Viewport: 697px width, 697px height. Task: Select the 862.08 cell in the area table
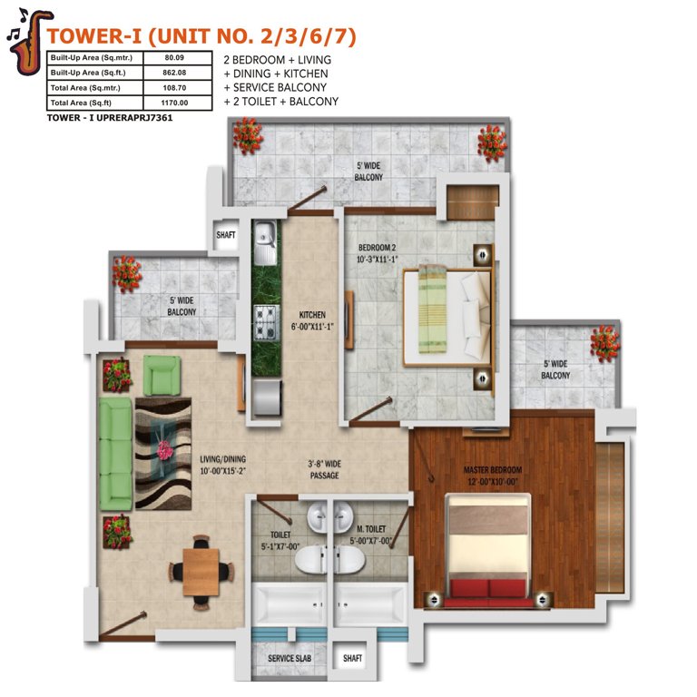tap(174, 73)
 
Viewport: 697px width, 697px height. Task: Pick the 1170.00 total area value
tap(174, 103)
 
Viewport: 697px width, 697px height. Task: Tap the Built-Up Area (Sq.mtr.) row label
tap(91, 58)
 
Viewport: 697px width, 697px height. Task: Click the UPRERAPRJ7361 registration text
tap(134, 118)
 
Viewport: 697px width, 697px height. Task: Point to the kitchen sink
tap(265, 242)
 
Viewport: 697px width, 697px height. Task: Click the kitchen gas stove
tap(266, 322)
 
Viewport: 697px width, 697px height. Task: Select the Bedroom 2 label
tap(377, 253)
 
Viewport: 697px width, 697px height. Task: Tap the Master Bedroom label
tap(493, 476)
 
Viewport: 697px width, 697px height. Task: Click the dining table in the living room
tap(201, 572)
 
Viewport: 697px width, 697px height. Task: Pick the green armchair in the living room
tap(162, 375)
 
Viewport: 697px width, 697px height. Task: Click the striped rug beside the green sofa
tap(163, 454)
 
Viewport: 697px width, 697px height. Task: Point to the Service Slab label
tap(290, 658)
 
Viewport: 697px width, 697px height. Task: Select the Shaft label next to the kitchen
tap(226, 235)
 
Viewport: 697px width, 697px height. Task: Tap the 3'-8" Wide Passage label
tap(325, 469)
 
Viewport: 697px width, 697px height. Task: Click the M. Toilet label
tap(371, 535)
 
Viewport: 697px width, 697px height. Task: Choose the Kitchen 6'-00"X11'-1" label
tap(312, 320)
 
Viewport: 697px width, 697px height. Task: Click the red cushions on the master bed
tap(488, 588)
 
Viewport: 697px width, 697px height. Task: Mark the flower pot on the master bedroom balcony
tap(604, 343)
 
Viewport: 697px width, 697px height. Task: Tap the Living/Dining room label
tap(222, 465)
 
